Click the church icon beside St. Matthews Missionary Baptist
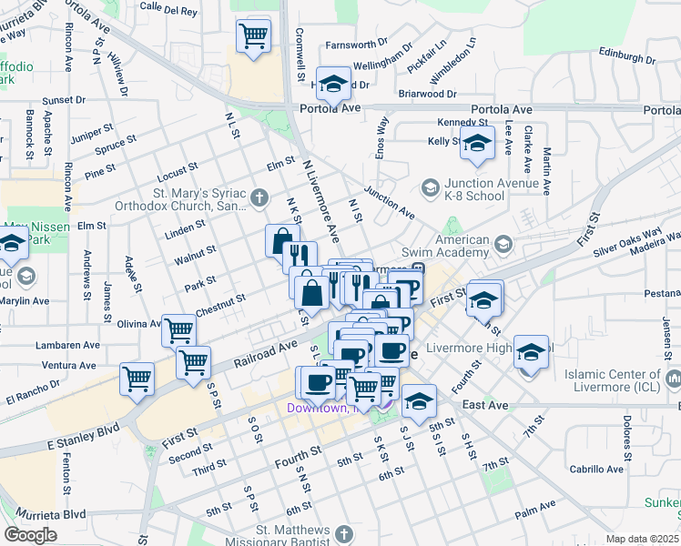tap(343, 534)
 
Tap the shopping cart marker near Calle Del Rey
tap(253, 36)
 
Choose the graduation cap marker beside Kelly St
tap(476, 144)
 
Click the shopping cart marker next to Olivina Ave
tap(179, 329)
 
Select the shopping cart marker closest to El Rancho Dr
tap(137, 377)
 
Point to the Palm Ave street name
tap(534, 515)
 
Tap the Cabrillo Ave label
tap(596, 470)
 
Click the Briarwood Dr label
tap(427, 94)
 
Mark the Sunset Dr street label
tap(63, 99)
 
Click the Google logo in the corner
tap(30, 534)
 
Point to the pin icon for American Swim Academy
tap(502, 244)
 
